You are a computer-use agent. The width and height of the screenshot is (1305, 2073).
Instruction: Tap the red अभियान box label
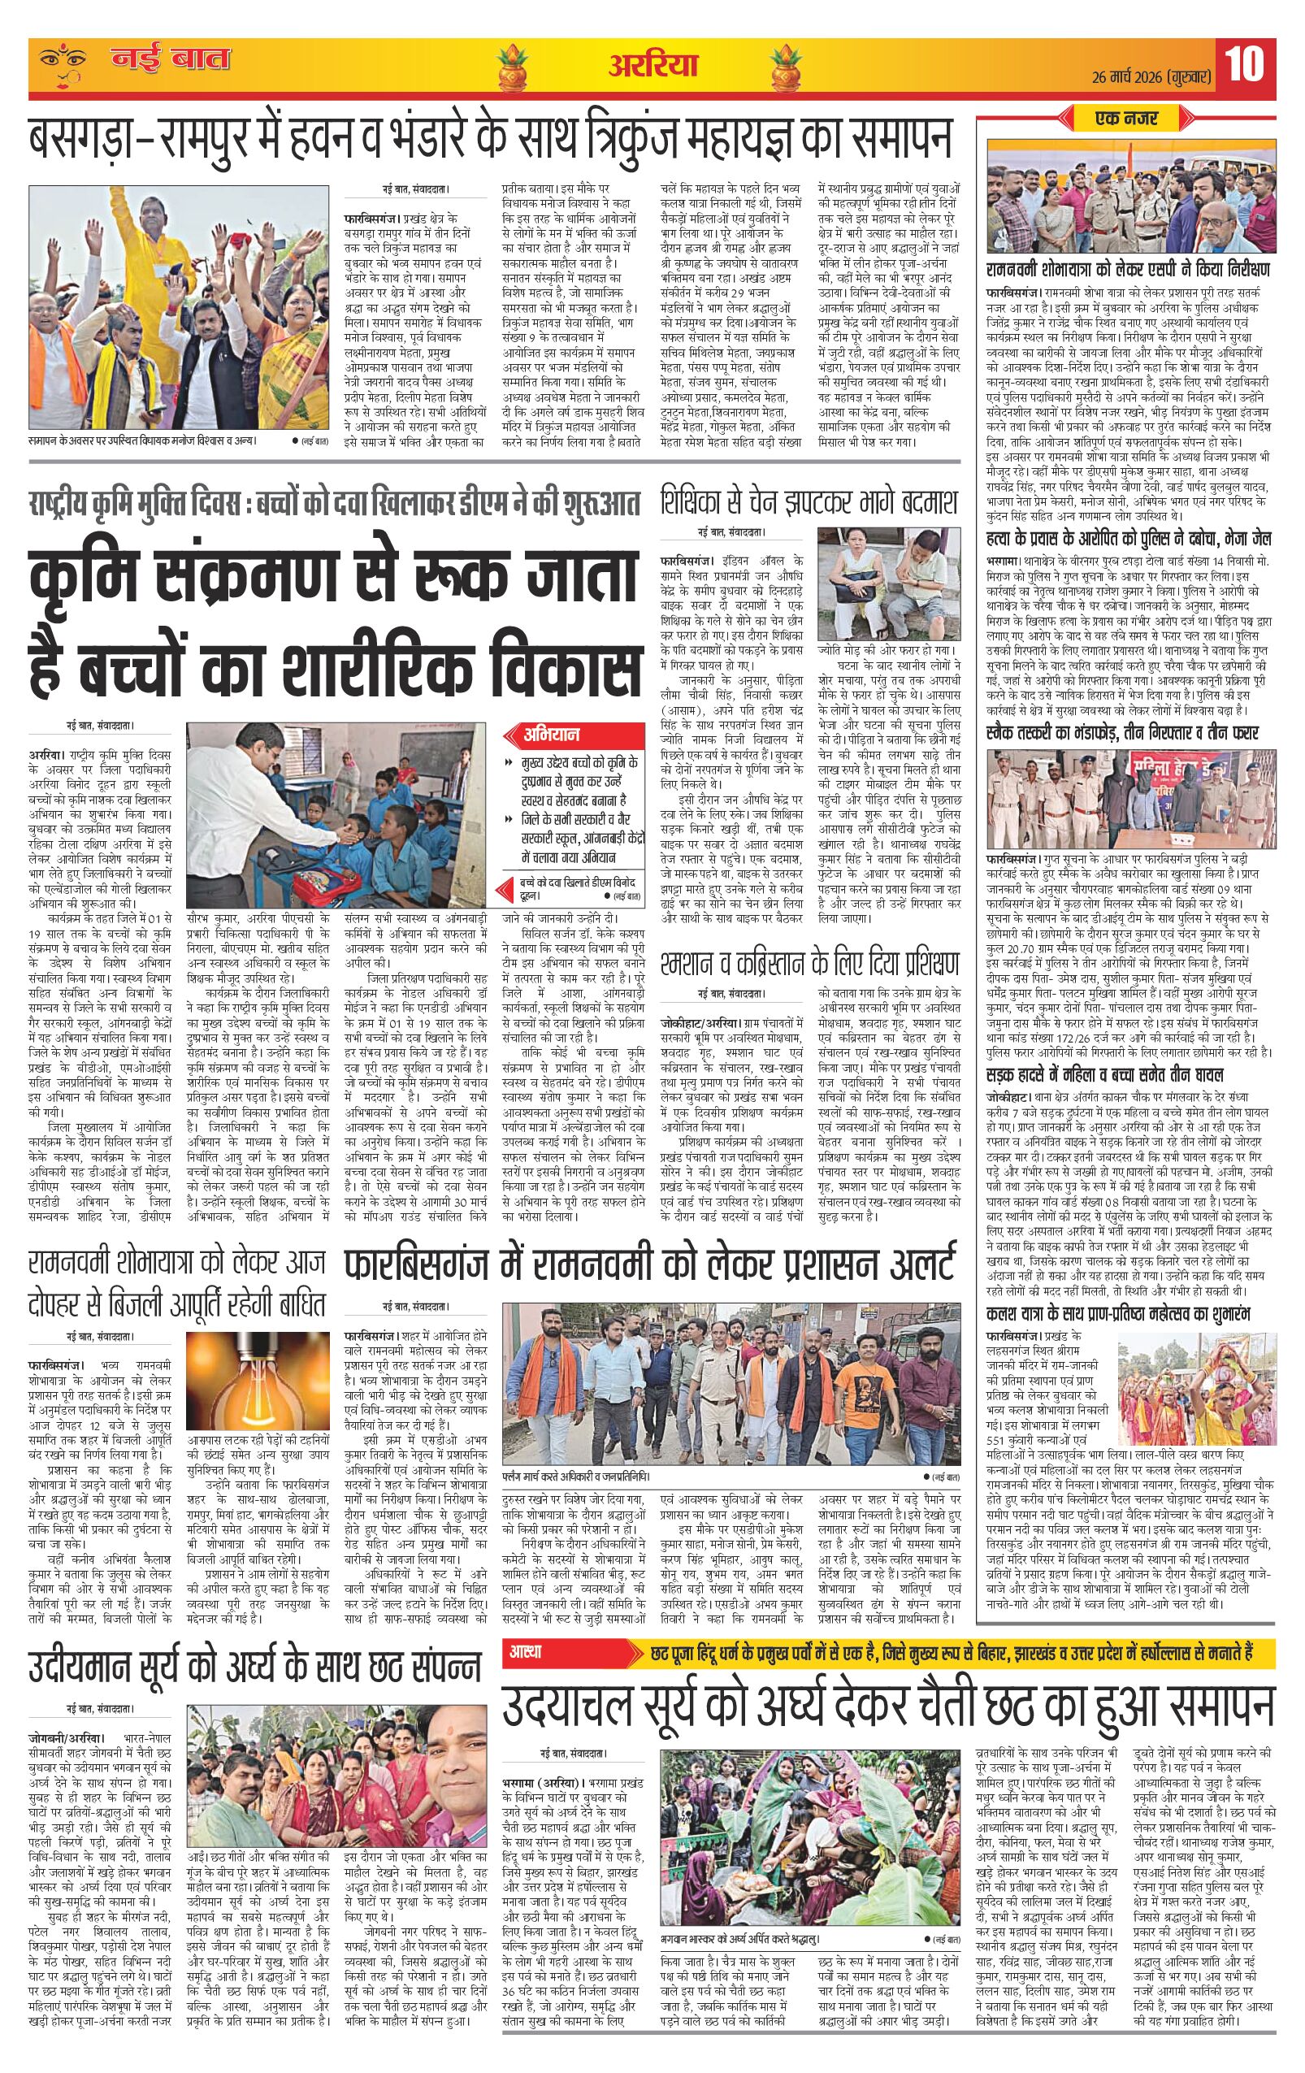[x=553, y=735]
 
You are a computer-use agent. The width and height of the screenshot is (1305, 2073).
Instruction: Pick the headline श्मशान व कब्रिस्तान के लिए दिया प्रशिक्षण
[x=809, y=961]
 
